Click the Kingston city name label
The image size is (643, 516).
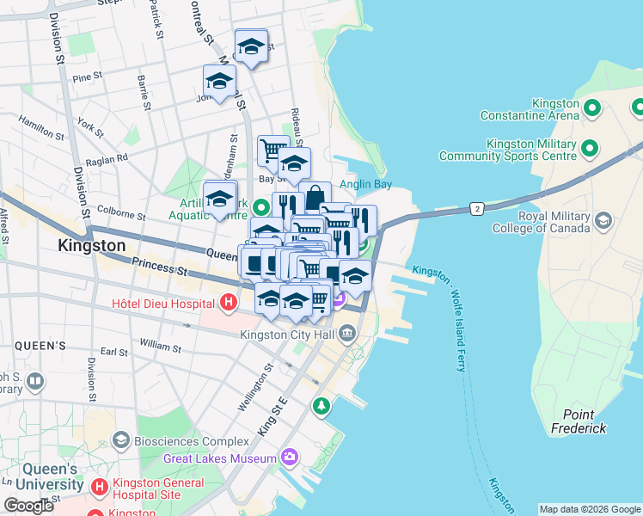tap(91, 245)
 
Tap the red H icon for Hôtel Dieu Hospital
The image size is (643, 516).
tap(228, 303)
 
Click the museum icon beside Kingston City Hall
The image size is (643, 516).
tap(347, 333)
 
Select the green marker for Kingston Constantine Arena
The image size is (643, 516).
tap(591, 108)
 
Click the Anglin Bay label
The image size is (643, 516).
tap(364, 183)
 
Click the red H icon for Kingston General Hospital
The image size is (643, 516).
tap(100, 488)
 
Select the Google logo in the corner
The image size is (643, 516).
tap(28, 506)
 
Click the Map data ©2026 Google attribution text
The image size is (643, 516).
tap(589, 509)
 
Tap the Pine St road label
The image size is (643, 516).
tap(88, 77)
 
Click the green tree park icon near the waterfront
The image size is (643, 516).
tap(321, 404)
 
